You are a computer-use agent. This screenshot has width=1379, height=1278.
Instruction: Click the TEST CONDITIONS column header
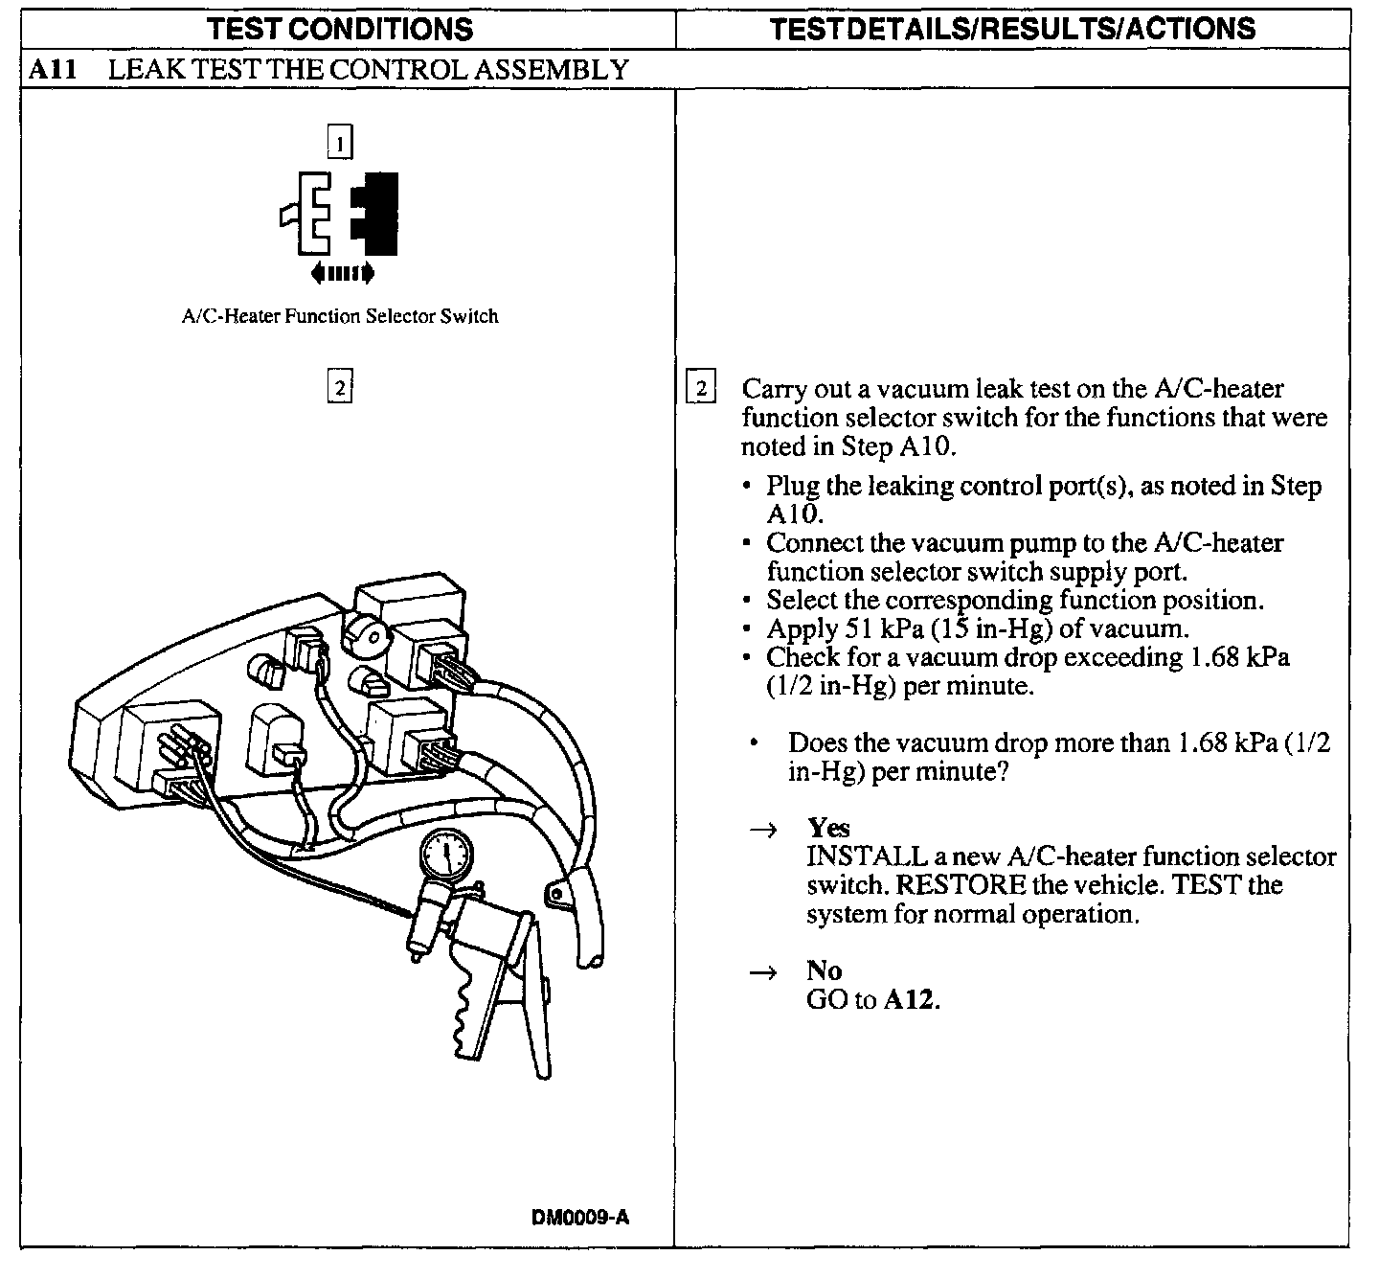(341, 28)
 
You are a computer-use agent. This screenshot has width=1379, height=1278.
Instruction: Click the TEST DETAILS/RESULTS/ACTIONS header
(1012, 28)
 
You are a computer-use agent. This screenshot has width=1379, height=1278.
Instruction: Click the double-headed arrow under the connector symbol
(342, 275)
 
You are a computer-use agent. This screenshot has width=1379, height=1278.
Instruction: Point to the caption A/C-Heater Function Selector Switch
(340, 316)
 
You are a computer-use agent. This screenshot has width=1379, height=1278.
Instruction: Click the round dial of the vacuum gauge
(445, 854)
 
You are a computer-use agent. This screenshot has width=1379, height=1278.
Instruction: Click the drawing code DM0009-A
(580, 1218)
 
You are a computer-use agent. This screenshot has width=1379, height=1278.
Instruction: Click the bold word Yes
(828, 828)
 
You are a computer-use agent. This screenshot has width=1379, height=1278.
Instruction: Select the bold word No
(824, 971)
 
